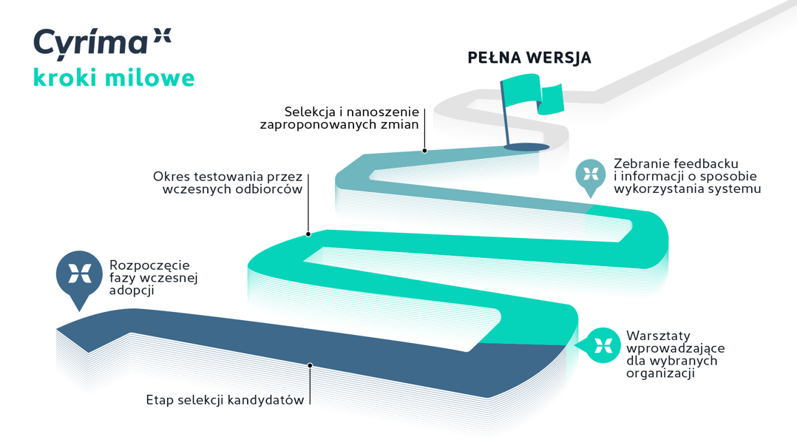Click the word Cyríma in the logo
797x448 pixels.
coord(89,42)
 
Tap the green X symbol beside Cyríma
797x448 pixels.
coord(161,34)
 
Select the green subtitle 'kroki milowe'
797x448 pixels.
coord(114,78)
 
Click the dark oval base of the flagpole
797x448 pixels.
coord(526,147)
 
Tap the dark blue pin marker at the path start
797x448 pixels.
coord(79,274)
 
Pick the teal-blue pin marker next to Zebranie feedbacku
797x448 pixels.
coord(590,174)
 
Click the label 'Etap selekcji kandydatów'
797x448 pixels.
coord(225,401)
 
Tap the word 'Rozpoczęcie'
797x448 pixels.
coord(149,265)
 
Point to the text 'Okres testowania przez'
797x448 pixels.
coord(228,177)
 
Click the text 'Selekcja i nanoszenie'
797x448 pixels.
coord(351,112)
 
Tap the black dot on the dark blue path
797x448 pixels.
coord(311,365)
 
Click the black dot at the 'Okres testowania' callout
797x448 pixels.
coord(308,234)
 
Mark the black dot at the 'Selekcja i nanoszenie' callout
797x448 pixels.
coord(424,151)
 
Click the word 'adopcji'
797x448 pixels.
coord(132,291)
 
